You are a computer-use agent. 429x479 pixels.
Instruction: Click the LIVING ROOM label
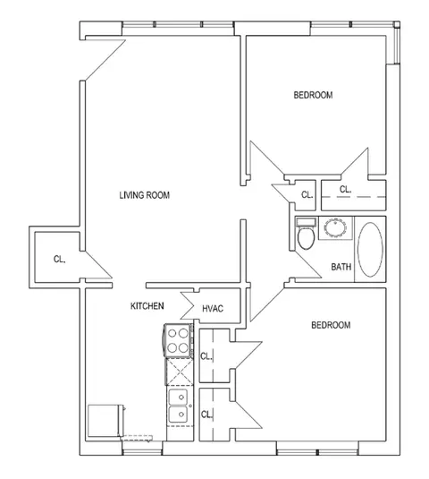pyautogui.click(x=145, y=195)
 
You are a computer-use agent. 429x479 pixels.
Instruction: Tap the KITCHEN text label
pyautogui.click(x=147, y=306)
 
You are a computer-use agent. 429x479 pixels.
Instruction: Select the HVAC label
pyautogui.click(x=213, y=309)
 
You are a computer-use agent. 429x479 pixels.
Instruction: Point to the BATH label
pyautogui.click(x=341, y=267)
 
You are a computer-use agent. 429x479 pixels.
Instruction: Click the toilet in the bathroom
pyautogui.click(x=306, y=234)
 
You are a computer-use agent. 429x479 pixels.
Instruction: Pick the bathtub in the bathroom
pyautogui.click(x=370, y=250)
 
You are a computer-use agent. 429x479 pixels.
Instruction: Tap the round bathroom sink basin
pyautogui.click(x=335, y=227)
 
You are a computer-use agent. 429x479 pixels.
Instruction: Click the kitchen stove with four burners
pyautogui.click(x=179, y=340)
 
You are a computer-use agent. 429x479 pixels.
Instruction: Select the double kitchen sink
pyautogui.click(x=179, y=406)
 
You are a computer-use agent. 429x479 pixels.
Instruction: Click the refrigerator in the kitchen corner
pyautogui.click(x=105, y=421)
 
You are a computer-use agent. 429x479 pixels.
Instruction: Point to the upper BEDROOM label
pyautogui.click(x=313, y=95)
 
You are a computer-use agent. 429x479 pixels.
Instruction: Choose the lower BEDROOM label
pyautogui.click(x=331, y=325)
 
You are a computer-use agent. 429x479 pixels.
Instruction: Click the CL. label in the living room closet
pyautogui.click(x=60, y=260)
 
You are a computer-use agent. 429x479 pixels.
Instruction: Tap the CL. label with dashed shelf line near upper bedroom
pyautogui.click(x=345, y=190)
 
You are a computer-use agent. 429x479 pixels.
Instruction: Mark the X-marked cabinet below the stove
pyautogui.click(x=180, y=372)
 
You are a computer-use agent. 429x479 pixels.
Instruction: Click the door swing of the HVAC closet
pyautogui.click(x=187, y=305)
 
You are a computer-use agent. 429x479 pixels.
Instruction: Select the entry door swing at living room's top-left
pyautogui.click(x=105, y=60)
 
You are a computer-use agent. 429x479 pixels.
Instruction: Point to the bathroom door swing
pyautogui.click(x=307, y=264)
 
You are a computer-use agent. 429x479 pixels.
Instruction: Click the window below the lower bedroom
pyautogui.click(x=317, y=452)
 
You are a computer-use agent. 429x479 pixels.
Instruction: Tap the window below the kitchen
pyautogui.click(x=142, y=452)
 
